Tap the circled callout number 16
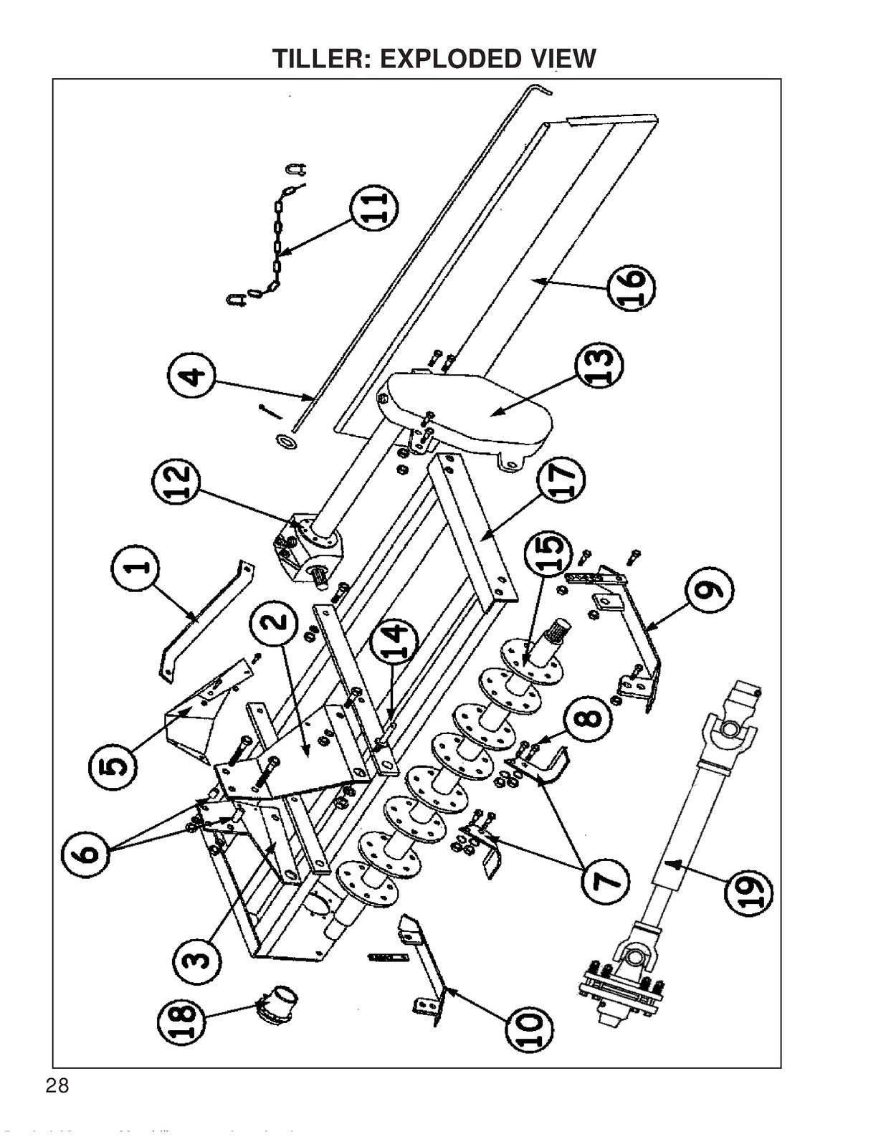tap(631, 289)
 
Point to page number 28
tap(57, 1085)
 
